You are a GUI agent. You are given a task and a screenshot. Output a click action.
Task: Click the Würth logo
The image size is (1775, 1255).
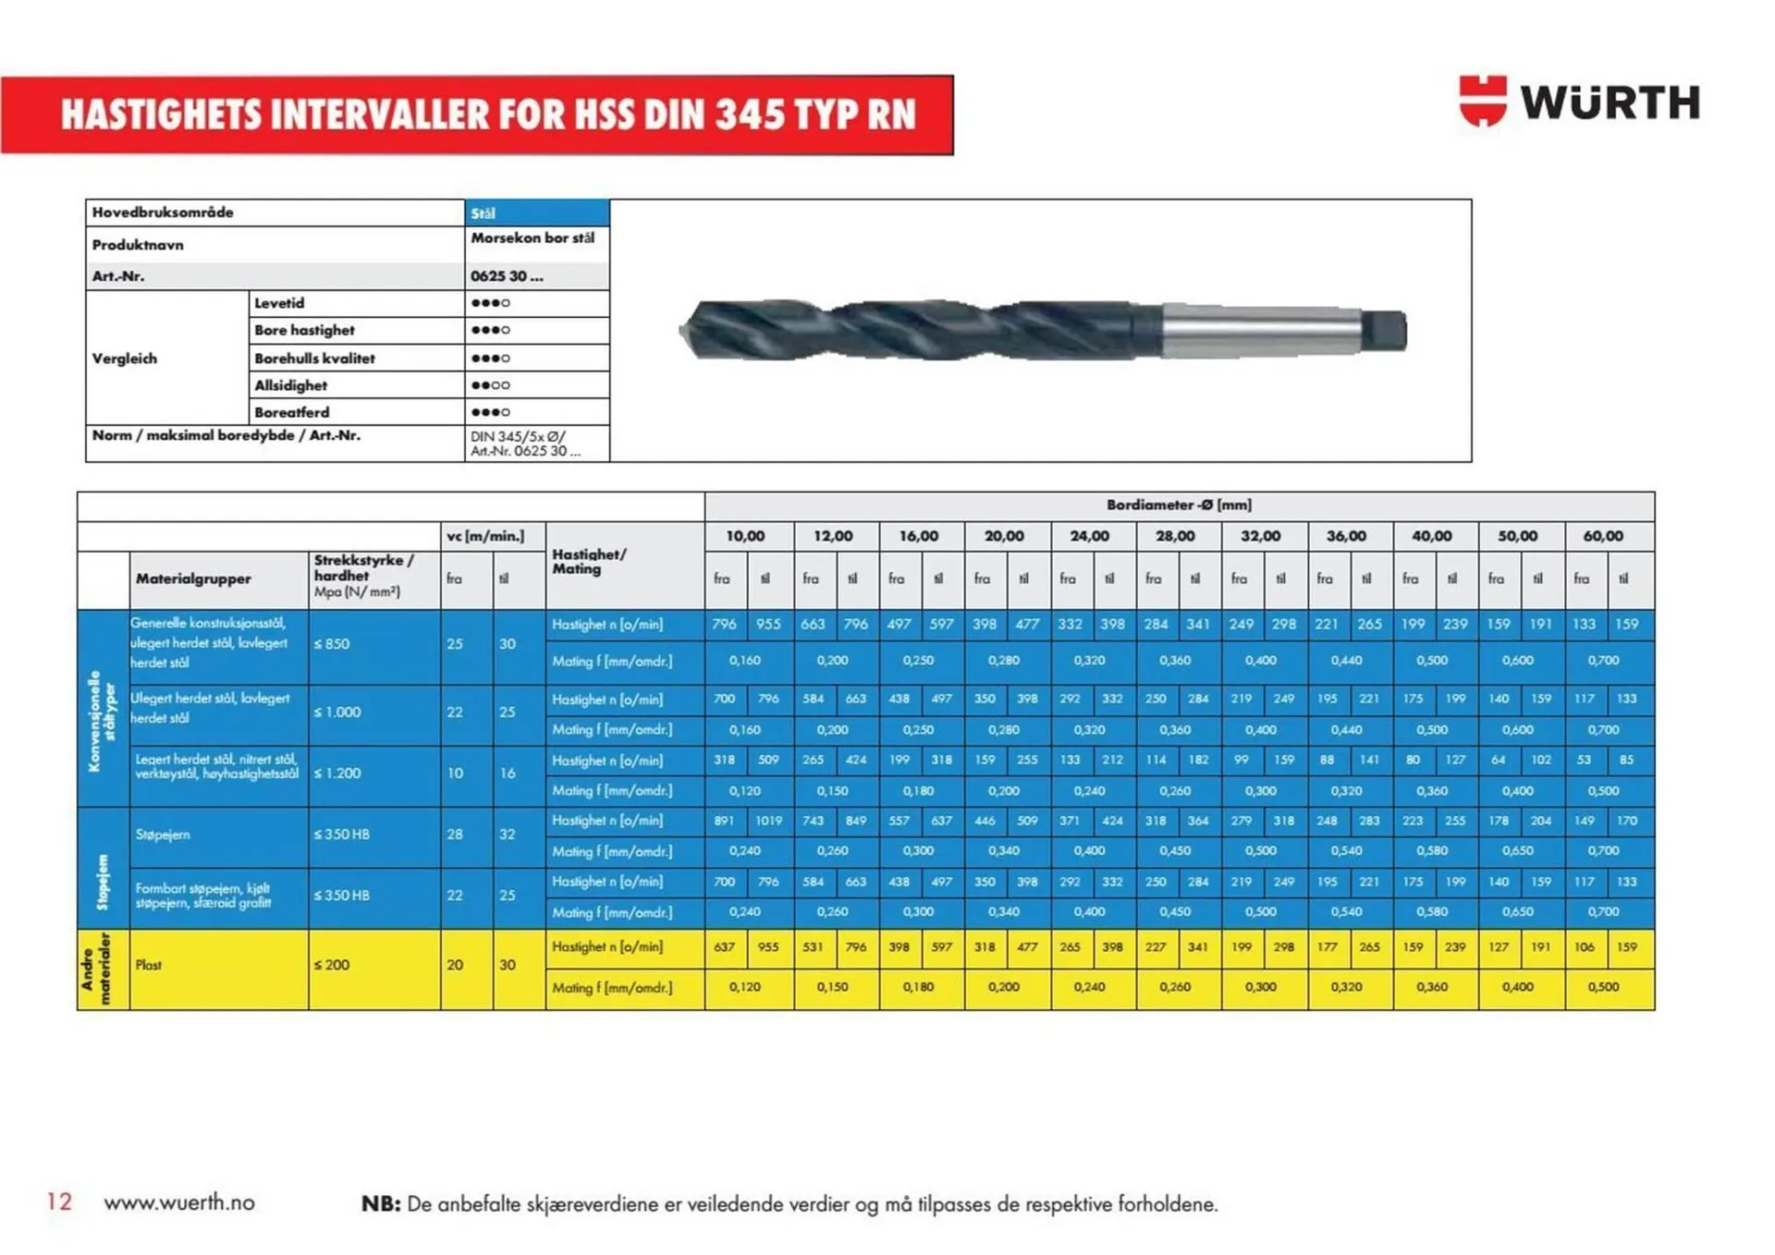coord(1579,101)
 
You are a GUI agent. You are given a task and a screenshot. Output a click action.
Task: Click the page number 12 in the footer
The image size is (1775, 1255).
coord(59,1201)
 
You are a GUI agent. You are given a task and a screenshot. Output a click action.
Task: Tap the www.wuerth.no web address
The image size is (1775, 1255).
coord(179,1202)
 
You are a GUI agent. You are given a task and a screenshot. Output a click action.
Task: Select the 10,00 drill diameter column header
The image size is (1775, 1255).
coord(745,536)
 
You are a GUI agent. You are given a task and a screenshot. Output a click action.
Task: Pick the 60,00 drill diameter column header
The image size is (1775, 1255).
coord(1603,536)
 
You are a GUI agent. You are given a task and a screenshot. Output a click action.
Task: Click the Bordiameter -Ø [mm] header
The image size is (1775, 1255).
coord(1179,506)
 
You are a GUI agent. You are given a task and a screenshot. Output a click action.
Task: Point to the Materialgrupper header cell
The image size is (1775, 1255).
coord(193,579)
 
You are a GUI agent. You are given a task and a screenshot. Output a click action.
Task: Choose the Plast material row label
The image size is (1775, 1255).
coord(149,965)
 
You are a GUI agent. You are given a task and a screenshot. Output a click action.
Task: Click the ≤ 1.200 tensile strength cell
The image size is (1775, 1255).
coord(337,774)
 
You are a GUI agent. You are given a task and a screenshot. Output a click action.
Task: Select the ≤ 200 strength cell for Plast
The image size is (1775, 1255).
coord(332,965)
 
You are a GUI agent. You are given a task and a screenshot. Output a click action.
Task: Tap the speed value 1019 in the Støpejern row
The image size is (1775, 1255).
coord(768,821)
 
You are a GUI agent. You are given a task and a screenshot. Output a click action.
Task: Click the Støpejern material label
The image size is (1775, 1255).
coord(163,835)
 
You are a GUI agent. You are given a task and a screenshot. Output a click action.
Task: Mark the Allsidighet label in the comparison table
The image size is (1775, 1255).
coord(290,385)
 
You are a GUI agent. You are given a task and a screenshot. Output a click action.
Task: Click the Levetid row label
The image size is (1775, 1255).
coord(279,303)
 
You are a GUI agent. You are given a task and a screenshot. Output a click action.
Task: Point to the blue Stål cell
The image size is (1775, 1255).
coord(536,213)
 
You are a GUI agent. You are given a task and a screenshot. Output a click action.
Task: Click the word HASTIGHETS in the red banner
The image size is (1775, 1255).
coord(163,115)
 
